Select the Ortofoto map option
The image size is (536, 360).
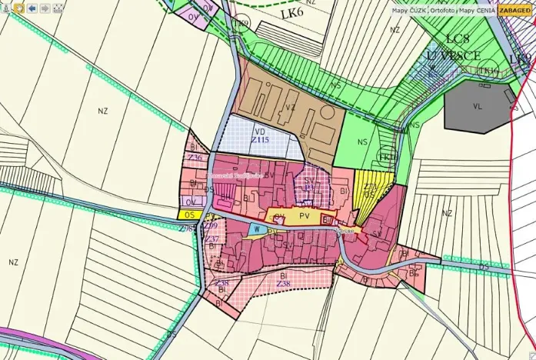[442, 11]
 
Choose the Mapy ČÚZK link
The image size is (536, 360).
[408, 11]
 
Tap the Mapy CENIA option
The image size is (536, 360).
[477, 11]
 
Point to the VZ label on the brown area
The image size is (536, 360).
[290, 108]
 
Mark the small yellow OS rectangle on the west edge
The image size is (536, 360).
[191, 215]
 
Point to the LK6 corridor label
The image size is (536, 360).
[291, 14]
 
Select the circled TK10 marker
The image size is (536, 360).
[486, 71]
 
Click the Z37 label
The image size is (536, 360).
[212, 239]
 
